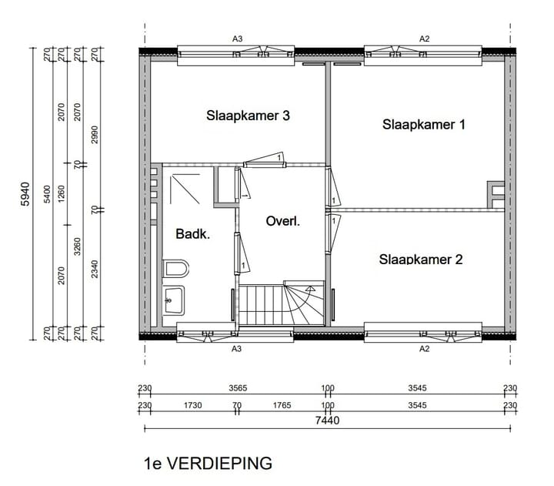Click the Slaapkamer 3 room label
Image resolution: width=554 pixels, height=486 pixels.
point(248,116)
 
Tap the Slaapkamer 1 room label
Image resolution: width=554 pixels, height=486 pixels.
point(424,124)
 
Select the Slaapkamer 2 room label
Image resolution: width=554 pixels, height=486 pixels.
point(420,260)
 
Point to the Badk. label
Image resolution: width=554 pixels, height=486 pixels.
point(193,234)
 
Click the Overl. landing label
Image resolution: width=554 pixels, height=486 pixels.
point(282,221)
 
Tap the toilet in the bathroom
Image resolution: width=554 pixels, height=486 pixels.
point(176,269)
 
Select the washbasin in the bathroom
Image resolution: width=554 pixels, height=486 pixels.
point(174,300)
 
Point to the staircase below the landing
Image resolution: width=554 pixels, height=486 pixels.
point(285,304)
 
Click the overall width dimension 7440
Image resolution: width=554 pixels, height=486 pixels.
point(328,421)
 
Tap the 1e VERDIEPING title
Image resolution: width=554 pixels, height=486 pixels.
point(208,463)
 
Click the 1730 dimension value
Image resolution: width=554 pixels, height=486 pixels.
point(192,404)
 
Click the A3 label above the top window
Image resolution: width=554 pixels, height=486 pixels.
point(238,38)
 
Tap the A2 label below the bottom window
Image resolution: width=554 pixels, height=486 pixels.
point(423,348)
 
